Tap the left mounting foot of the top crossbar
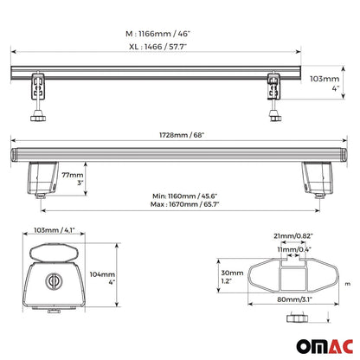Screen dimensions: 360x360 (38, 90)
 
